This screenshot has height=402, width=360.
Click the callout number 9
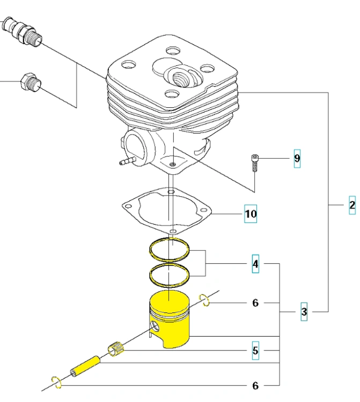(x=297, y=159)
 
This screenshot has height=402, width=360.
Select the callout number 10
(x=251, y=213)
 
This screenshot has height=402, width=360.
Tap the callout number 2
(x=352, y=205)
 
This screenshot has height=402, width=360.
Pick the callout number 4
(x=255, y=264)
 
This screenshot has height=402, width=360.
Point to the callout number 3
(x=304, y=312)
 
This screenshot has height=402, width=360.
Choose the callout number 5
(x=255, y=351)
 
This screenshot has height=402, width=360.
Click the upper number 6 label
(x=255, y=303)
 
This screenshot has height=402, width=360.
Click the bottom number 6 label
(x=255, y=385)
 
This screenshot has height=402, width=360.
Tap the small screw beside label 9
(x=254, y=162)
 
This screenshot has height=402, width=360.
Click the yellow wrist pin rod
(x=85, y=366)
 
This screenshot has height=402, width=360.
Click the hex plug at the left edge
(x=31, y=83)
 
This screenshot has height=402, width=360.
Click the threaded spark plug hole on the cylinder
(x=181, y=78)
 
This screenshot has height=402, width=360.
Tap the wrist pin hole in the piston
(x=155, y=326)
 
